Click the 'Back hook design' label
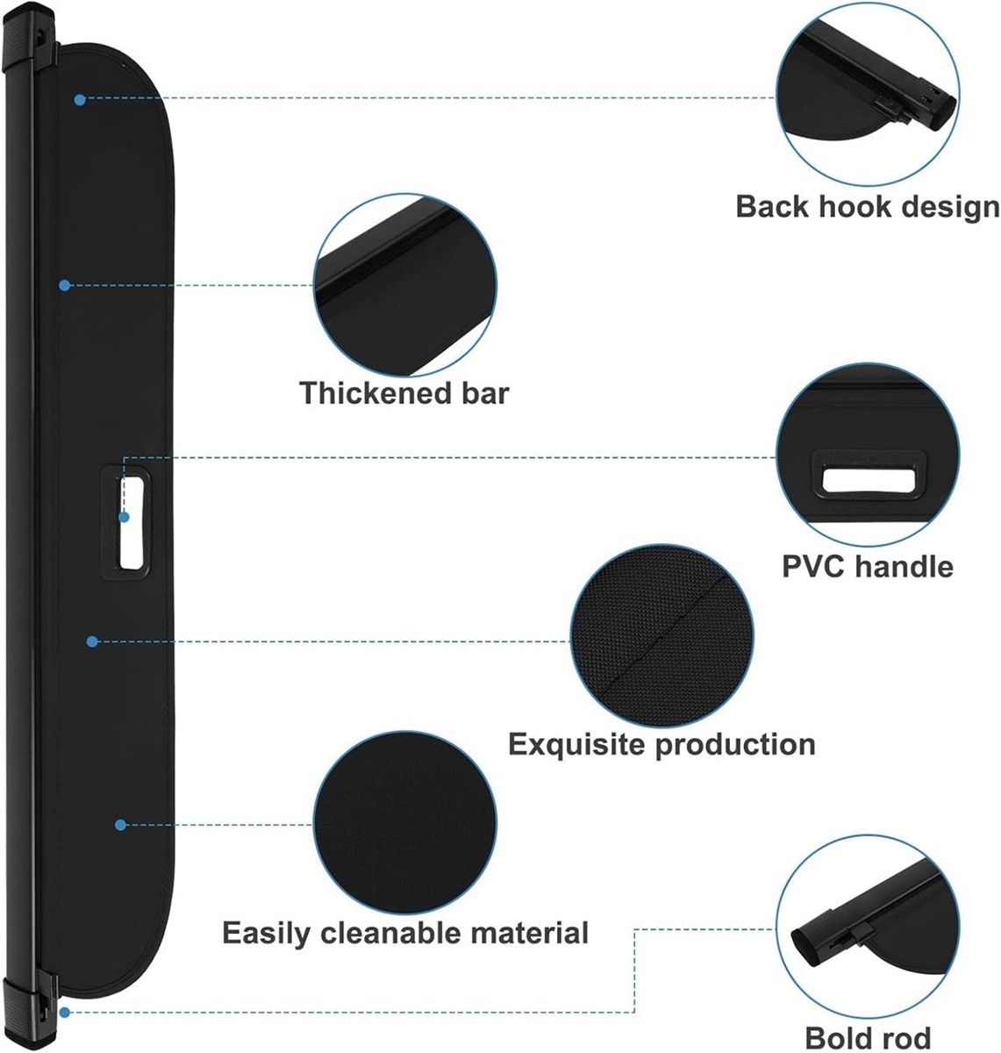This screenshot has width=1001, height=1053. tap(867, 206)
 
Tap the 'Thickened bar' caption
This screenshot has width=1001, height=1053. tap(404, 392)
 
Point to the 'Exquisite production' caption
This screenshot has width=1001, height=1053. tap(662, 744)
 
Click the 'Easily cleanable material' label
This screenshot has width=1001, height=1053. tap(404, 932)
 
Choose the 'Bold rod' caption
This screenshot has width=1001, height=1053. tap(868, 1037)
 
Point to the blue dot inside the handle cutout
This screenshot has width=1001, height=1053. tap(125, 518)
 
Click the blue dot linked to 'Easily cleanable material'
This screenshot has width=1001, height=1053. tap(120, 825)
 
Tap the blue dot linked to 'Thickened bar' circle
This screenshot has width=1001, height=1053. tap(64, 285)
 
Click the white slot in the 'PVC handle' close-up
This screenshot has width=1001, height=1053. tap(867, 480)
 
